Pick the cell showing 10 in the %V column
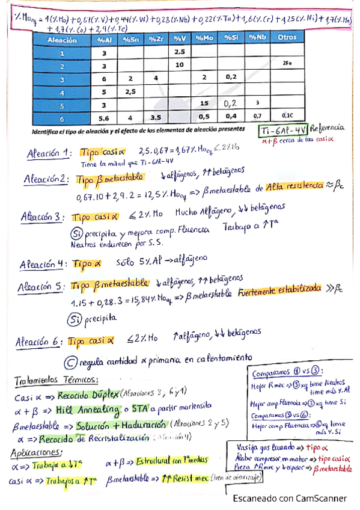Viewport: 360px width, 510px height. [179, 64]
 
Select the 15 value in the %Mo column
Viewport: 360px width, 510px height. [204, 104]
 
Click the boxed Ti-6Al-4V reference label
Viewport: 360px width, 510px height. [284, 130]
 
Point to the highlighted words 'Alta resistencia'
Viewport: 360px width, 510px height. [295, 186]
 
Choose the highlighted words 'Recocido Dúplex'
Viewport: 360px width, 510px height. [87, 396]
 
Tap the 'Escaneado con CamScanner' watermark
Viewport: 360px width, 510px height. [290, 498]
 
